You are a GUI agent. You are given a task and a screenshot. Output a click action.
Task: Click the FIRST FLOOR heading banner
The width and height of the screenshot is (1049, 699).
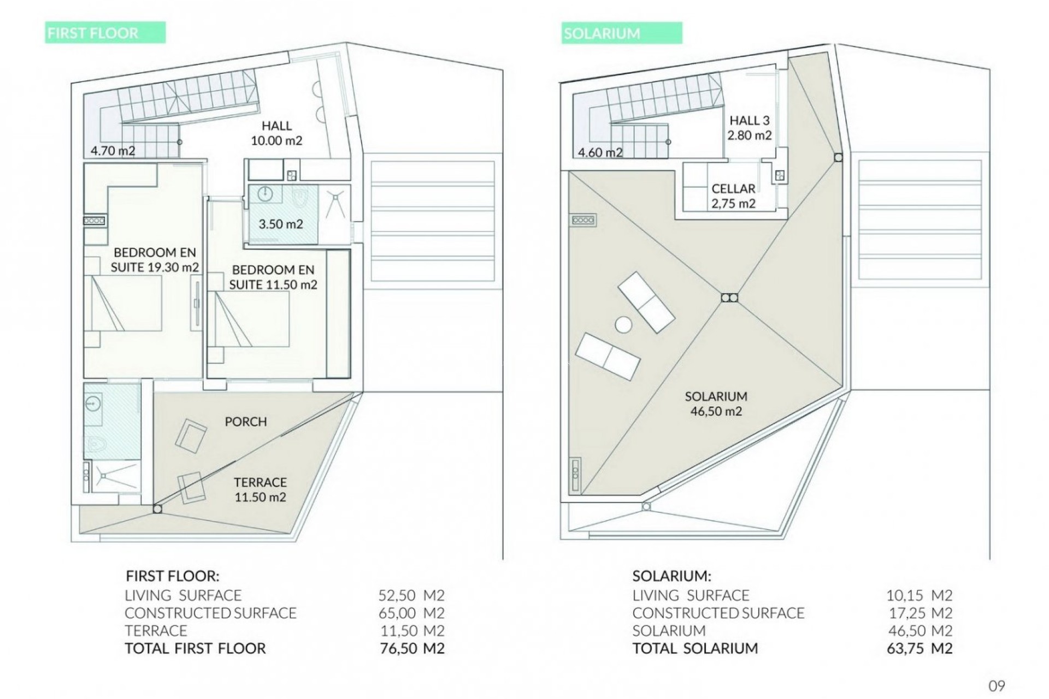coord(105,33)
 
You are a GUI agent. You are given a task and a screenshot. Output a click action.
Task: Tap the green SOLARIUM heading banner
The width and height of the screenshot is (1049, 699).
coord(621,33)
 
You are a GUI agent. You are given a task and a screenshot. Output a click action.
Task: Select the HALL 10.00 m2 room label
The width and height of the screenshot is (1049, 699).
coord(276,133)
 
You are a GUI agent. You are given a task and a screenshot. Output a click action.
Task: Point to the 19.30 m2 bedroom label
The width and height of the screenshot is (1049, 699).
coord(155,260)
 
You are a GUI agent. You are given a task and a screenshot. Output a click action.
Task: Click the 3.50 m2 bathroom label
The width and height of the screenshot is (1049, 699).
coord(280,224)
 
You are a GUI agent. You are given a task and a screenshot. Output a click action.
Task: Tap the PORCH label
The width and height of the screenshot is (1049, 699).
coord(246,422)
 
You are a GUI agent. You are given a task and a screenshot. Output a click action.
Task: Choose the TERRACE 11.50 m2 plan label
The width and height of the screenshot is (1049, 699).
coord(260,489)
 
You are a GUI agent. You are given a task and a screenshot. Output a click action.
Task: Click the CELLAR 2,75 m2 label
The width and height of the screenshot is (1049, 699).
coord(733,196)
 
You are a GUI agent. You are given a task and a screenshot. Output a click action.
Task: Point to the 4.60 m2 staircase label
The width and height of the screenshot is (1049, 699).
coord(600,152)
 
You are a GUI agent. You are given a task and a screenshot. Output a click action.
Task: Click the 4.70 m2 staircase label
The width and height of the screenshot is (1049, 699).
coord(113,151)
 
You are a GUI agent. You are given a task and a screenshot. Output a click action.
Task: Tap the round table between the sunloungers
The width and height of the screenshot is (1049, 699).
coord(623,325)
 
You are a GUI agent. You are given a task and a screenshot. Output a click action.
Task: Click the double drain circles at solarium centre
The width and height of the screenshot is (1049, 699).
coord(729,298)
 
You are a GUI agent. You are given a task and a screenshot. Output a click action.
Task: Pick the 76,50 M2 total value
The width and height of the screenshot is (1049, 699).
coord(411,648)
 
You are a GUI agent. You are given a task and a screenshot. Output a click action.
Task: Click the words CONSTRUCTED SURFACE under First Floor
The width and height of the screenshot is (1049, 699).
coord(210,613)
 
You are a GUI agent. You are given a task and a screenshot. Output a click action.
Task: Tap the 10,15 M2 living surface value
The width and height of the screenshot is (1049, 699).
coord(920,595)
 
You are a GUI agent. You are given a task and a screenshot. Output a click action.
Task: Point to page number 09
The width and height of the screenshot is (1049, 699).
coord(997,686)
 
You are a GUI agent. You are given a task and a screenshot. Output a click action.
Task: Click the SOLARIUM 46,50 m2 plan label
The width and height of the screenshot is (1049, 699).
coord(716,404)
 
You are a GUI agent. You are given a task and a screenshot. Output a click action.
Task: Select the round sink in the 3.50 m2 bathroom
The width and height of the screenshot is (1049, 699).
coord(264,194)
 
